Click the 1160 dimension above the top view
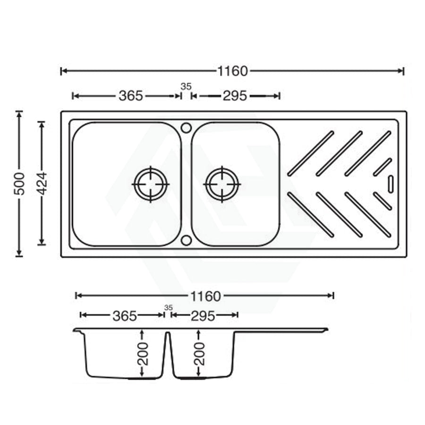click(x=232, y=71)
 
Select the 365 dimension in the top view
click(x=130, y=96)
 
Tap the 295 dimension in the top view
click(x=235, y=96)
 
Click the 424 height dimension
click(x=42, y=184)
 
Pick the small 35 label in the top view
click(x=186, y=86)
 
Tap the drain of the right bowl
click(x=222, y=184)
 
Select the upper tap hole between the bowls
click(x=186, y=127)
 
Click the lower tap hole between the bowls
click(x=186, y=240)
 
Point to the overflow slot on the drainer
click(x=391, y=184)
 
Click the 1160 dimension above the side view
click(x=205, y=296)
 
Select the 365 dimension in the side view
click(x=125, y=315)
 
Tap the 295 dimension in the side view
click(x=203, y=315)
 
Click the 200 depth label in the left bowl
click(x=143, y=353)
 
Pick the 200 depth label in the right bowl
click(x=199, y=353)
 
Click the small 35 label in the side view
click(x=168, y=307)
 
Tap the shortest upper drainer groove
click(x=382, y=167)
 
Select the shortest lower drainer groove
click(x=382, y=201)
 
